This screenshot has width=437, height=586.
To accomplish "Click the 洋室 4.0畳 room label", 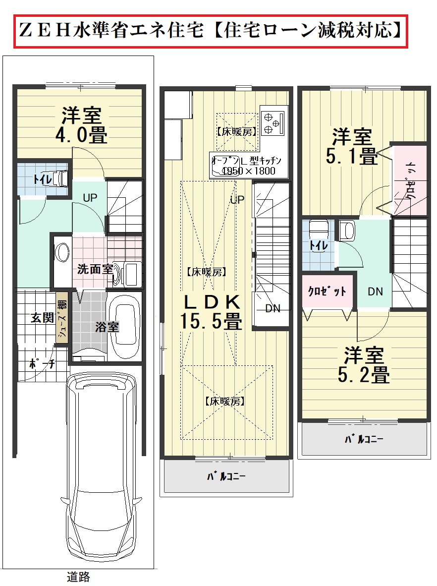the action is pos(81,125).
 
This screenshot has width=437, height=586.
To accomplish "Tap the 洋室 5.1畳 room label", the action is pos(352,147).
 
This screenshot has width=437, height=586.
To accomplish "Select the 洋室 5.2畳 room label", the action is pos(364,365).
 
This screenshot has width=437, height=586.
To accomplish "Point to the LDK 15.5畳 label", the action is pos(211,312).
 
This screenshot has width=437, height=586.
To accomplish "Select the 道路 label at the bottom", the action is pos(78,577).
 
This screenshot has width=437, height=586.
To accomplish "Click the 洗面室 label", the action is pos(95,269).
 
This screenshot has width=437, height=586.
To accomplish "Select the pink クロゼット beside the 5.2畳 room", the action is pos(328,291).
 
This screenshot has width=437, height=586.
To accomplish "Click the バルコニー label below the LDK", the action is pos(226,476).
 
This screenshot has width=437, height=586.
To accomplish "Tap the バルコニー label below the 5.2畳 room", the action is pos(364,439).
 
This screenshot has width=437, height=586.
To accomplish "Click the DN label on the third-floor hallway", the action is pos(376,292).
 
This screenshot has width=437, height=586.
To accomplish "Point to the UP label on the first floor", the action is pos(90,198).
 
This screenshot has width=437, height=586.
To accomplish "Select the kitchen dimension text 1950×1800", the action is pos(249,171).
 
